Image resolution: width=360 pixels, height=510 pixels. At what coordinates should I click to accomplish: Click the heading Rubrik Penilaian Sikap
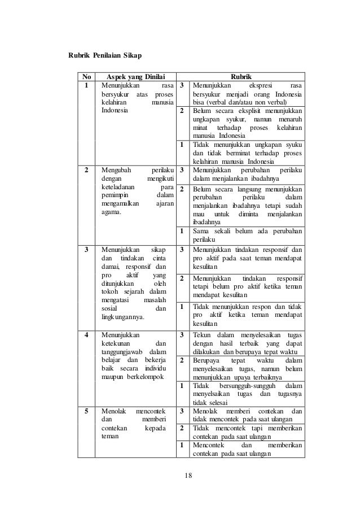pyautogui.click(x=105, y=56)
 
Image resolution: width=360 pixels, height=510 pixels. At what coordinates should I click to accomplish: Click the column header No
pyautogui.click(x=86, y=77)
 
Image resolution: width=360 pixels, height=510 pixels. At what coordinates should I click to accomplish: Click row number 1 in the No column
pyautogui.click(x=86, y=86)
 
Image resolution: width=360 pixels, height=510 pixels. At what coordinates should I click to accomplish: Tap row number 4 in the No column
pyautogui.click(x=86, y=334)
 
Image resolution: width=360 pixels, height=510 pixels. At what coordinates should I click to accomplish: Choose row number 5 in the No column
pyautogui.click(x=86, y=411)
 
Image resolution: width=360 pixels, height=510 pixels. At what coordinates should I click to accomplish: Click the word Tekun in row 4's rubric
pyautogui.click(x=201, y=334)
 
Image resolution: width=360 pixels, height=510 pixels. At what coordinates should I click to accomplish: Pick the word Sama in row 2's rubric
pyautogui.click(x=200, y=231)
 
